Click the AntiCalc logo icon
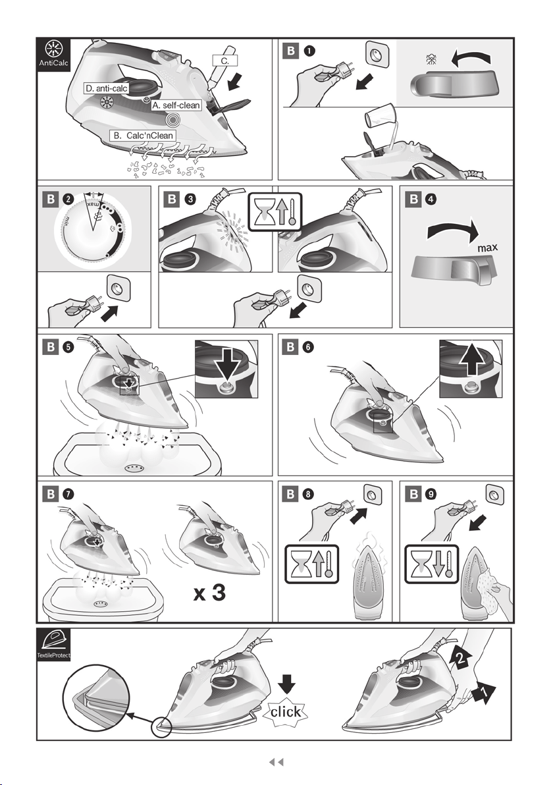(x=53, y=55)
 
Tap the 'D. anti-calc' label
(x=107, y=89)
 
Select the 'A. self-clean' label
(x=176, y=105)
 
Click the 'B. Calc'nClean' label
(x=143, y=136)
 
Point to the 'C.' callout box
(x=225, y=61)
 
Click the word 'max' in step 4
(x=487, y=248)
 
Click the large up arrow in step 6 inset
(x=471, y=359)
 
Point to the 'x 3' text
(x=210, y=593)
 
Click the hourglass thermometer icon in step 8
(x=312, y=564)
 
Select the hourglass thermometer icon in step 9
(x=432, y=564)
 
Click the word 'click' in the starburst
(x=286, y=712)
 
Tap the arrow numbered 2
(x=461, y=657)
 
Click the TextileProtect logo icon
(x=53, y=645)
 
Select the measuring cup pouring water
(x=378, y=117)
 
